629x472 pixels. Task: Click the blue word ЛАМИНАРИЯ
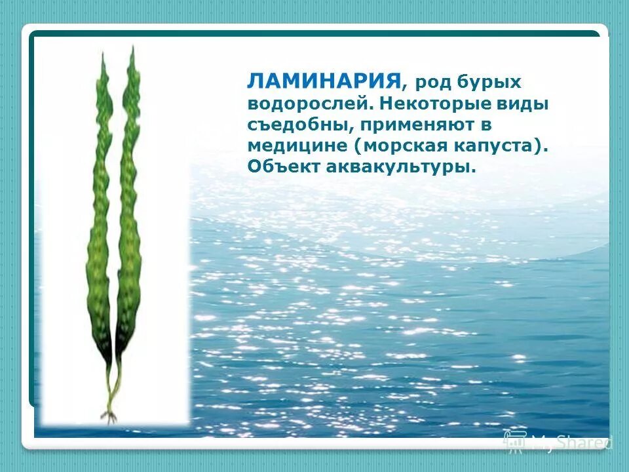[324, 81]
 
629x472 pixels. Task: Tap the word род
[432, 83]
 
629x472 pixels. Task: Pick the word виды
[528, 104]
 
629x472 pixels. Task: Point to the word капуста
[497, 146]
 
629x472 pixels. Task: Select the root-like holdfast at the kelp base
[109, 414]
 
